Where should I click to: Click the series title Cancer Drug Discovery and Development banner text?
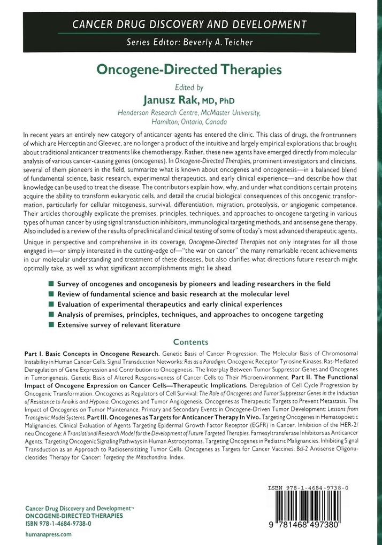(x=190, y=24)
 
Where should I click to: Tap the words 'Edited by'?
(x=190, y=87)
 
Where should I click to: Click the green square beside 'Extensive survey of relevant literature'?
(x=51, y=324)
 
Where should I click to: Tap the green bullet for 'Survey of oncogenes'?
(x=51, y=284)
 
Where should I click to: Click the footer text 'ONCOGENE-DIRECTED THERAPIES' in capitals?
(x=74, y=516)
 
